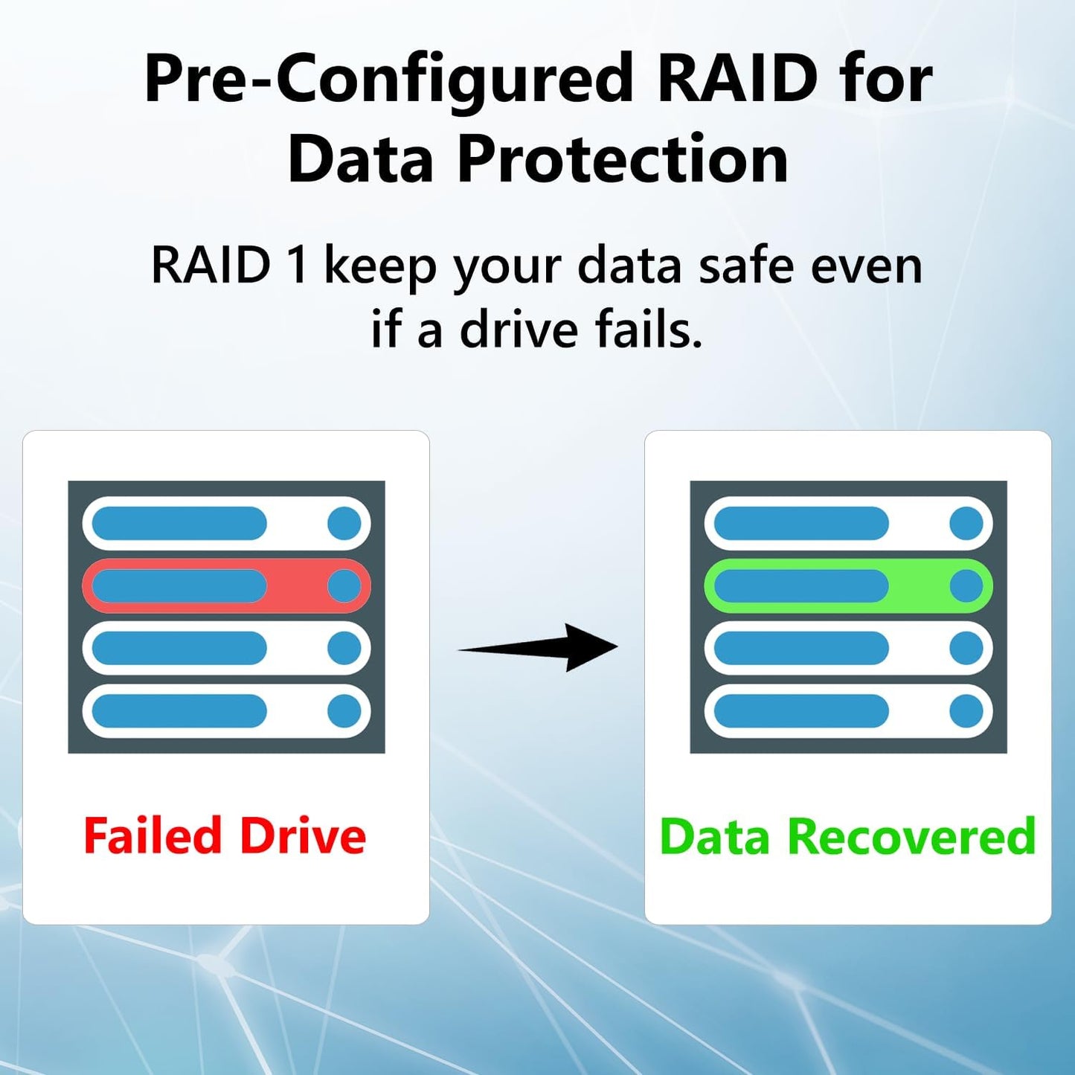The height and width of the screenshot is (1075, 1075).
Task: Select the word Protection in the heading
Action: coord(622,159)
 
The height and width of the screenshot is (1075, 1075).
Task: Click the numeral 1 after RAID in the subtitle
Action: coord(297,266)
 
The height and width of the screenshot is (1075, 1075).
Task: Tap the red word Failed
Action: coord(153,836)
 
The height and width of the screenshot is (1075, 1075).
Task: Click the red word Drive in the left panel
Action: coord(303,836)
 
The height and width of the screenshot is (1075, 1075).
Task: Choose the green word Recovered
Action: coord(911,837)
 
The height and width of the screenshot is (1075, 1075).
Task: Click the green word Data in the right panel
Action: coord(714,837)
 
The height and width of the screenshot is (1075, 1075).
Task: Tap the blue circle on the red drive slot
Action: coord(344,586)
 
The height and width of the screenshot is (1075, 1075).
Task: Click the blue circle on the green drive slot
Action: coord(966,586)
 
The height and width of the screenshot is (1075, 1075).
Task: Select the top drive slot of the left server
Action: coord(226,524)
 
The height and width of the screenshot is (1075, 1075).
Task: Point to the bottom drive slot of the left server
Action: coord(226,711)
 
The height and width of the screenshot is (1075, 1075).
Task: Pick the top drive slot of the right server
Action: coord(848,524)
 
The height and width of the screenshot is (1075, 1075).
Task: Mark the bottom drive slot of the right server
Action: coord(848,711)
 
